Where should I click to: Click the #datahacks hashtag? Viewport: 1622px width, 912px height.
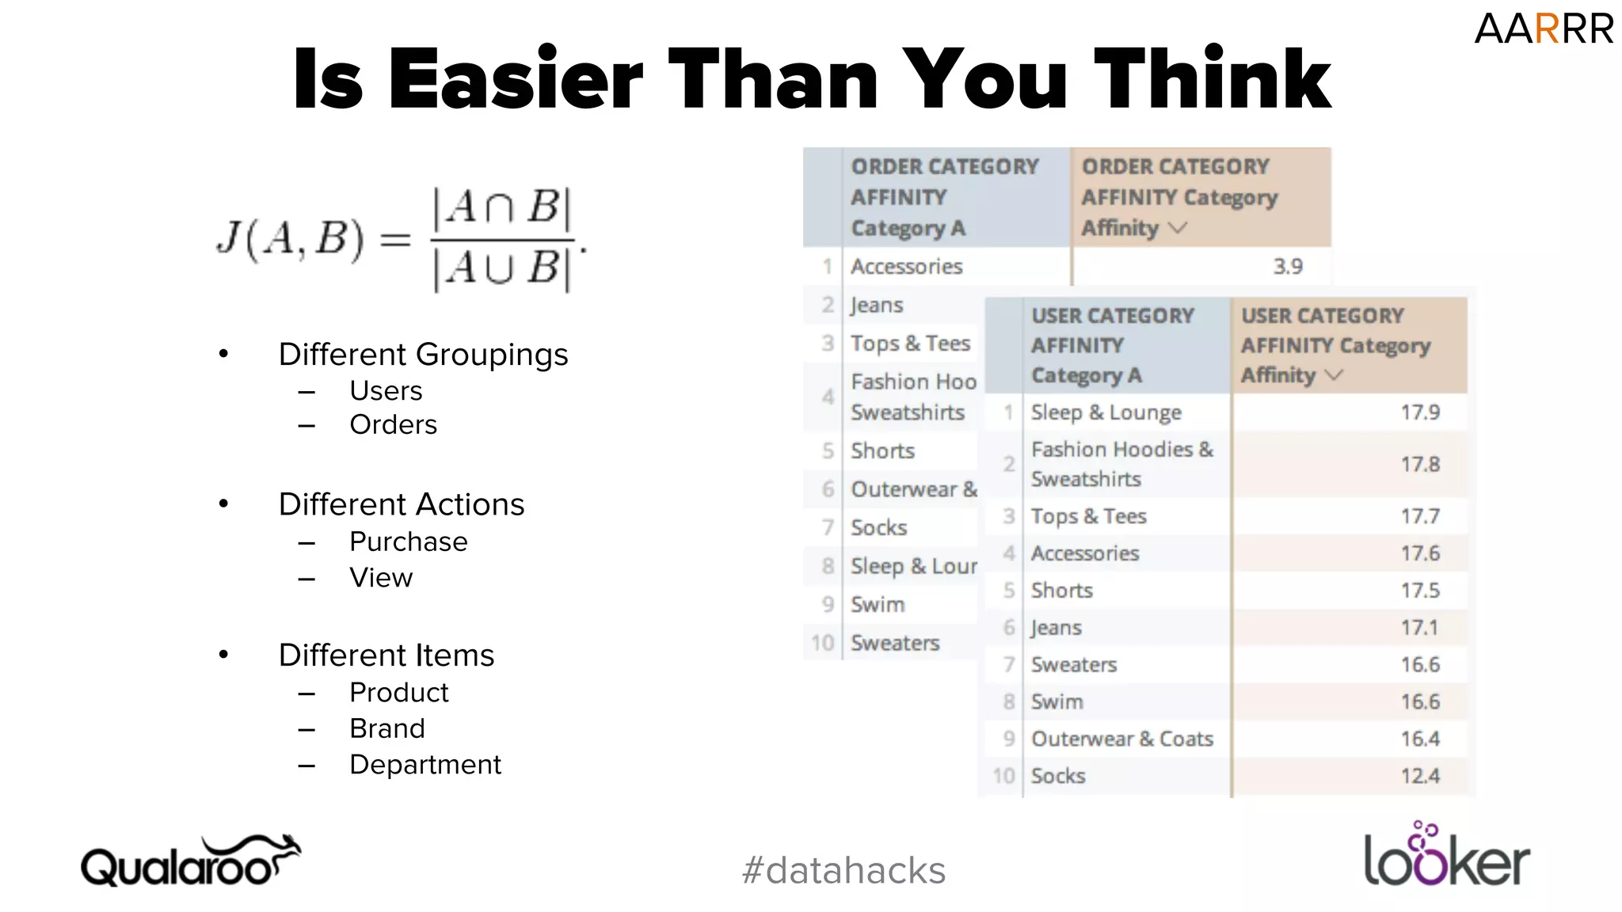(843, 870)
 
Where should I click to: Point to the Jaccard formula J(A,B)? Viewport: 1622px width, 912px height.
(400, 238)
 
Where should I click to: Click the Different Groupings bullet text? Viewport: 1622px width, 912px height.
(423, 355)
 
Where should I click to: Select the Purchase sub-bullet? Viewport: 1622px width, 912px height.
(408, 541)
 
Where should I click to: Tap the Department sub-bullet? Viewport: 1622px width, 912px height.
(425, 765)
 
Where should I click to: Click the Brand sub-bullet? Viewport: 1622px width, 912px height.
(387, 728)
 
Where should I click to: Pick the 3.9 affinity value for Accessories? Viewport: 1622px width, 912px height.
(1288, 267)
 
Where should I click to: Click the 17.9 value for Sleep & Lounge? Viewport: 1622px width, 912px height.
(1419, 412)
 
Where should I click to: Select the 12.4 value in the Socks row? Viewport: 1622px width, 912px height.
(1419, 776)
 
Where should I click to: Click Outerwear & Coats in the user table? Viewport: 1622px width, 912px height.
(1121, 739)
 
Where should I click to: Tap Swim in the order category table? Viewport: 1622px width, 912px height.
(878, 605)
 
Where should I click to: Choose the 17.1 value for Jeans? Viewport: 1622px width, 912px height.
(1419, 628)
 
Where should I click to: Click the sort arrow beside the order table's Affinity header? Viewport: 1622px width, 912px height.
(1178, 228)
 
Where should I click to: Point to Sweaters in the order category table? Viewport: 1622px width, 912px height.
(895, 643)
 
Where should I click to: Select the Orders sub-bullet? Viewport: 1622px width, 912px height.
(393, 425)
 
